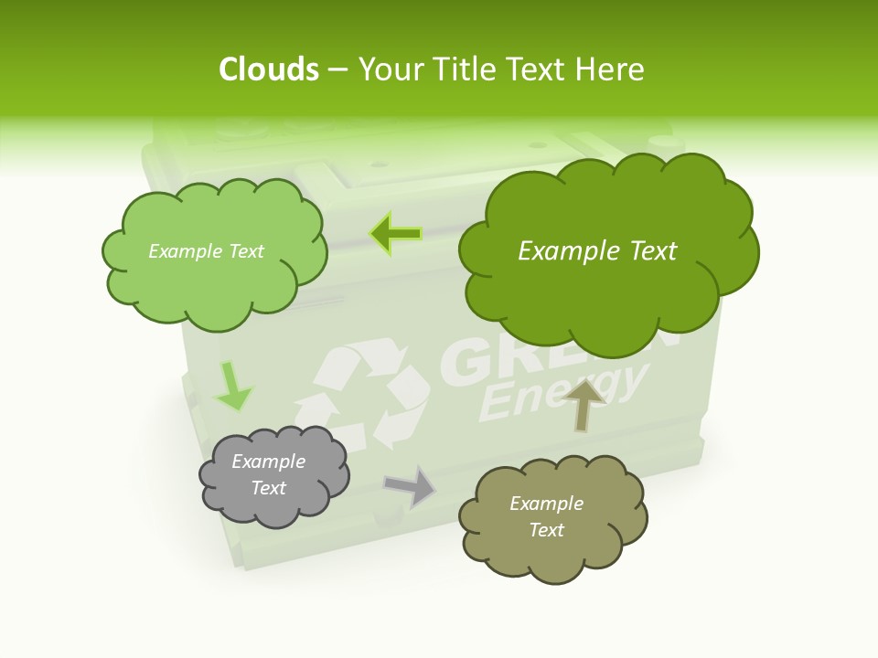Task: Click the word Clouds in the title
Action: click(268, 69)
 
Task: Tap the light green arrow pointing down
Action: click(232, 387)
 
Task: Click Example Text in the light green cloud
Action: click(206, 251)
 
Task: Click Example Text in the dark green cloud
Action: click(597, 251)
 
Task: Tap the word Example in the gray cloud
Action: click(268, 462)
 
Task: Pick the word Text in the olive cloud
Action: click(546, 530)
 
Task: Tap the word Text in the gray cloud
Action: click(268, 488)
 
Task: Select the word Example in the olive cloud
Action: click(546, 504)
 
